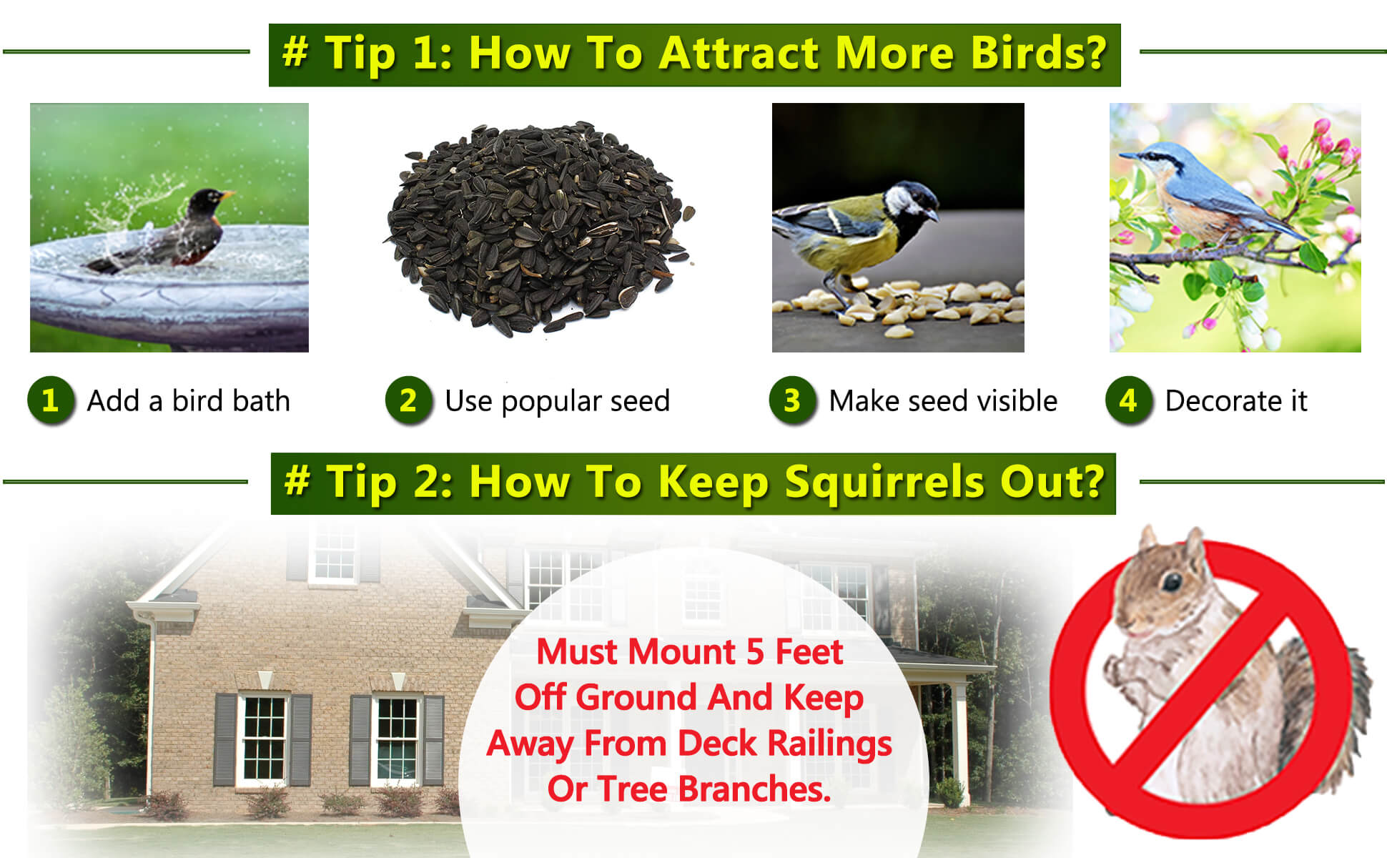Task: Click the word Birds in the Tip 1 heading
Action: point(1037,53)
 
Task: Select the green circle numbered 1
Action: point(51,400)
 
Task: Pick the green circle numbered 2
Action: point(408,400)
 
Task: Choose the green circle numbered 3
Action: point(792,400)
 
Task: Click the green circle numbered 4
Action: point(1129,400)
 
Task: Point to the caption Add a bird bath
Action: point(189,401)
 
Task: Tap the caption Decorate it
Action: point(1236,401)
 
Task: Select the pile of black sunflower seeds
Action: point(538,227)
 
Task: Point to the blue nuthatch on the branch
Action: point(1208,193)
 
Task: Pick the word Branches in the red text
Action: point(754,789)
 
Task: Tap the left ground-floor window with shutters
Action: point(264,739)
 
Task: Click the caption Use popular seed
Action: point(558,402)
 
